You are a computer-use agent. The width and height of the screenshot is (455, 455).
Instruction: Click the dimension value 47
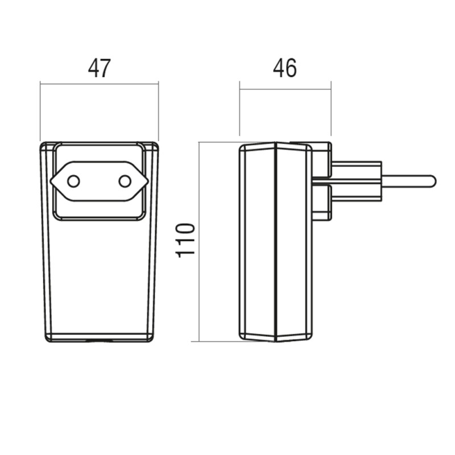point(99,68)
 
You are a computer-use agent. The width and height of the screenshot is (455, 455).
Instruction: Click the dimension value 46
point(285,68)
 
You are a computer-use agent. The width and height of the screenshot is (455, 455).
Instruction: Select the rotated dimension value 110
point(185,240)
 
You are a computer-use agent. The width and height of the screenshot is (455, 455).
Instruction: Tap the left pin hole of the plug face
point(73,181)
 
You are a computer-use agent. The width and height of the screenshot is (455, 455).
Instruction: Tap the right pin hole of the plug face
point(125,181)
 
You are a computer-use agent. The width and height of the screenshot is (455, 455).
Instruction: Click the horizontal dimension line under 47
point(99,84)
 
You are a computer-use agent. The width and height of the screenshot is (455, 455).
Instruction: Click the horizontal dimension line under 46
point(286,89)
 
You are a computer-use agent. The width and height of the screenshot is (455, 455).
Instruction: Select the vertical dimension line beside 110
point(199,242)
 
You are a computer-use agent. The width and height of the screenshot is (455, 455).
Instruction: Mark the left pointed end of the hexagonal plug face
point(50,181)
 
